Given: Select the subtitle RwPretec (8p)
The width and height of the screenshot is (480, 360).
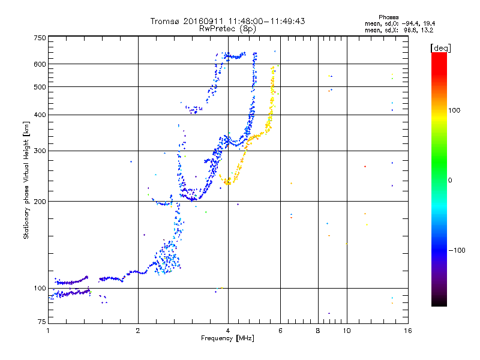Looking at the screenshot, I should click(228, 28).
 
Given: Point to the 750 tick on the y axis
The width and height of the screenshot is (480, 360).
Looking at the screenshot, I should click(40, 38).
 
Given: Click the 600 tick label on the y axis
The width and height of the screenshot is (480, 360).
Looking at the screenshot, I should click(40, 64).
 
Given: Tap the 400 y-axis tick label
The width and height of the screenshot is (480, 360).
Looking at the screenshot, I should click(40, 115).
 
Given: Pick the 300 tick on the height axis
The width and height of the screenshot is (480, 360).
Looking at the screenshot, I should click(40, 151).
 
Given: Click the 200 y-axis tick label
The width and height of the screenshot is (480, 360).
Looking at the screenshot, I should click(40, 202).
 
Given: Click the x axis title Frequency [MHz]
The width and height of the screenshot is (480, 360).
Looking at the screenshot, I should click(228, 338).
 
